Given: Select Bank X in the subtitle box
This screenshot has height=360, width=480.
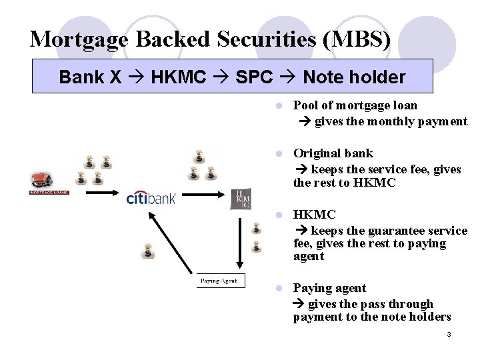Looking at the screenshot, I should [x=90, y=77].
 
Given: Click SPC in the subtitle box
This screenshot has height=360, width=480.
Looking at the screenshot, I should [x=254, y=77].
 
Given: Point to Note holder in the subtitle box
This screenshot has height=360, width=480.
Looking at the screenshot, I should [x=353, y=77].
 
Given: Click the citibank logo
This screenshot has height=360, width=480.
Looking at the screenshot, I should [x=151, y=198].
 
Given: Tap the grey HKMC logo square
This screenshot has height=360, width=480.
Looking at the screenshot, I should [x=240, y=199].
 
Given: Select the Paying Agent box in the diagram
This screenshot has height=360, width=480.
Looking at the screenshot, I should [x=221, y=281].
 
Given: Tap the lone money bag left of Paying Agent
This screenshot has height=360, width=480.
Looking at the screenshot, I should [x=147, y=251].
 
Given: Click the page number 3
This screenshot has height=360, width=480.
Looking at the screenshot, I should [x=449, y=334].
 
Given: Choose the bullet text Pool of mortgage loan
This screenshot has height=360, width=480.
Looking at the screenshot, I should [x=355, y=105].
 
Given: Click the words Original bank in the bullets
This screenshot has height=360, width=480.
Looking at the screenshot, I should [x=333, y=153].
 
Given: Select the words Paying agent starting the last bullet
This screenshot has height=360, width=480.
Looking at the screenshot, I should [x=329, y=288].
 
